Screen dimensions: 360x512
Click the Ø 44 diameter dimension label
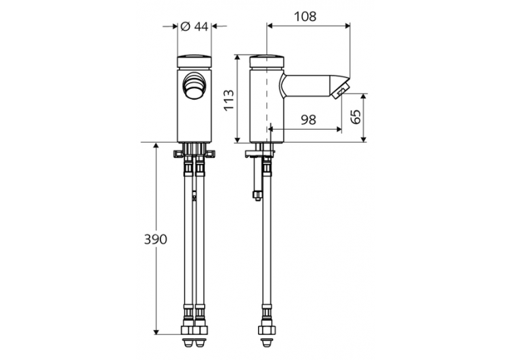point(193,27)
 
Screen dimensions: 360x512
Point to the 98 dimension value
point(308,120)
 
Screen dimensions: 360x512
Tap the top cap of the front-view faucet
point(195,60)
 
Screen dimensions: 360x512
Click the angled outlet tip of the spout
point(340,89)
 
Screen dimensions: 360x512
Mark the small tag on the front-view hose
point(194,199)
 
